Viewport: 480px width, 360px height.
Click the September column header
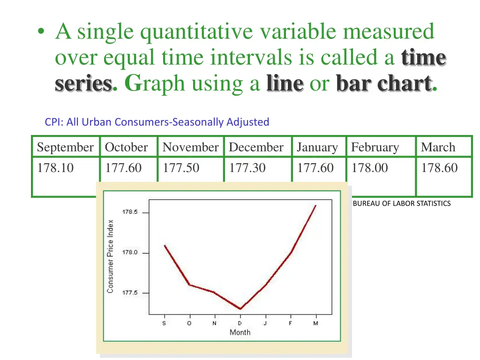(x=65, y=147)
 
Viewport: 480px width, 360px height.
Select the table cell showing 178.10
(x=55, y=168)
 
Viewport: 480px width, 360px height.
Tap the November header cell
(x=190, y=147)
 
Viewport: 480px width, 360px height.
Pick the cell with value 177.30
(x=247, y=168)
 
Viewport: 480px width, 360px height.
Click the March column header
(x=438, y=147)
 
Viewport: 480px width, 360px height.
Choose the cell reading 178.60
(x=439, y=168)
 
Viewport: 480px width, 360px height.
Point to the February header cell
(x=375, y=147)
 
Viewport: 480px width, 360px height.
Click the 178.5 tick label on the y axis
(x=130, y=212)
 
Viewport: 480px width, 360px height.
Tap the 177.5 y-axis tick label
(x=130, y=293)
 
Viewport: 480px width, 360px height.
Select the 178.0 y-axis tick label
(x=130, y=253)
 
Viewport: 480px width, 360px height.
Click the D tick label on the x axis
(x=240, y=323)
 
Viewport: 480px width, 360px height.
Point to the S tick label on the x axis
(x=164, y=323)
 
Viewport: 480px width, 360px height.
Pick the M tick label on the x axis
(x=316, y=323)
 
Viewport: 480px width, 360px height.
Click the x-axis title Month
(x=240, y=332)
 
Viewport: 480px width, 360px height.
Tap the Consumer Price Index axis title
(x=111, y=256)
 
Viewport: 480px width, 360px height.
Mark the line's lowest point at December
(x=240, y=309)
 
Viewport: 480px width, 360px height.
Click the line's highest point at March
(x=316, y=205)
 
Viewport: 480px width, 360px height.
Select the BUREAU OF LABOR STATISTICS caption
(x=402, y=203)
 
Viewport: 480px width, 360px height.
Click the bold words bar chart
(x=383, y=83)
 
